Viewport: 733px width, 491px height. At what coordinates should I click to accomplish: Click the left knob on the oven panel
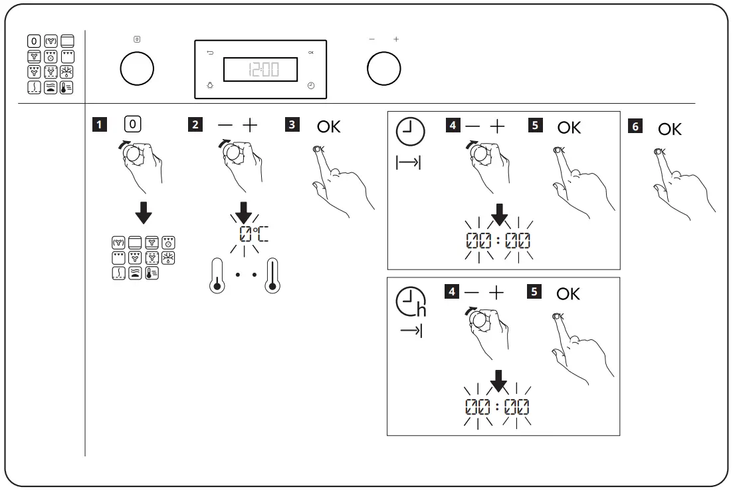click(x=137, y=69)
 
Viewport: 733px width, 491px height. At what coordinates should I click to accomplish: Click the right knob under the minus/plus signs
click(x=384, y=69)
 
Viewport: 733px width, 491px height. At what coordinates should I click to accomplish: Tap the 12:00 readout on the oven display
click(x=260, y=69)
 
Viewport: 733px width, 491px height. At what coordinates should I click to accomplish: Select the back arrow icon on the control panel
click(x=211, y=52)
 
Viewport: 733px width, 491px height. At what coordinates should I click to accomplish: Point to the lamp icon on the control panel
click(x=211, y=86)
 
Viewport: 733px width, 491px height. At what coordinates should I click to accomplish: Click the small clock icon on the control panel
click(x=311, y=86)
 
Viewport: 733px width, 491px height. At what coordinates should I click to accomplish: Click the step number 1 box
click(x=98, y=124)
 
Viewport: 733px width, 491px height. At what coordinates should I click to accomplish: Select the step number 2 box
click(x=195, y=124)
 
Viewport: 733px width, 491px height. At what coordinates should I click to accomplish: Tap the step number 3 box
click(x=291, y=124)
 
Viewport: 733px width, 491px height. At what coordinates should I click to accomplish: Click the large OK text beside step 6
click(x=670, y=129)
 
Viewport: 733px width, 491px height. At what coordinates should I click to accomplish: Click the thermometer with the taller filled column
click(x=271, y=277)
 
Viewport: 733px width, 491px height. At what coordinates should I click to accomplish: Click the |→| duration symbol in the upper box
click(x=409, y=163)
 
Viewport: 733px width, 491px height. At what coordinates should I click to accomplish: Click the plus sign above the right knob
click(x=396, y=40)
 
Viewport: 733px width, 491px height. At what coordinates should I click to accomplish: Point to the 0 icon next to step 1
click(x=132, y=124)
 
